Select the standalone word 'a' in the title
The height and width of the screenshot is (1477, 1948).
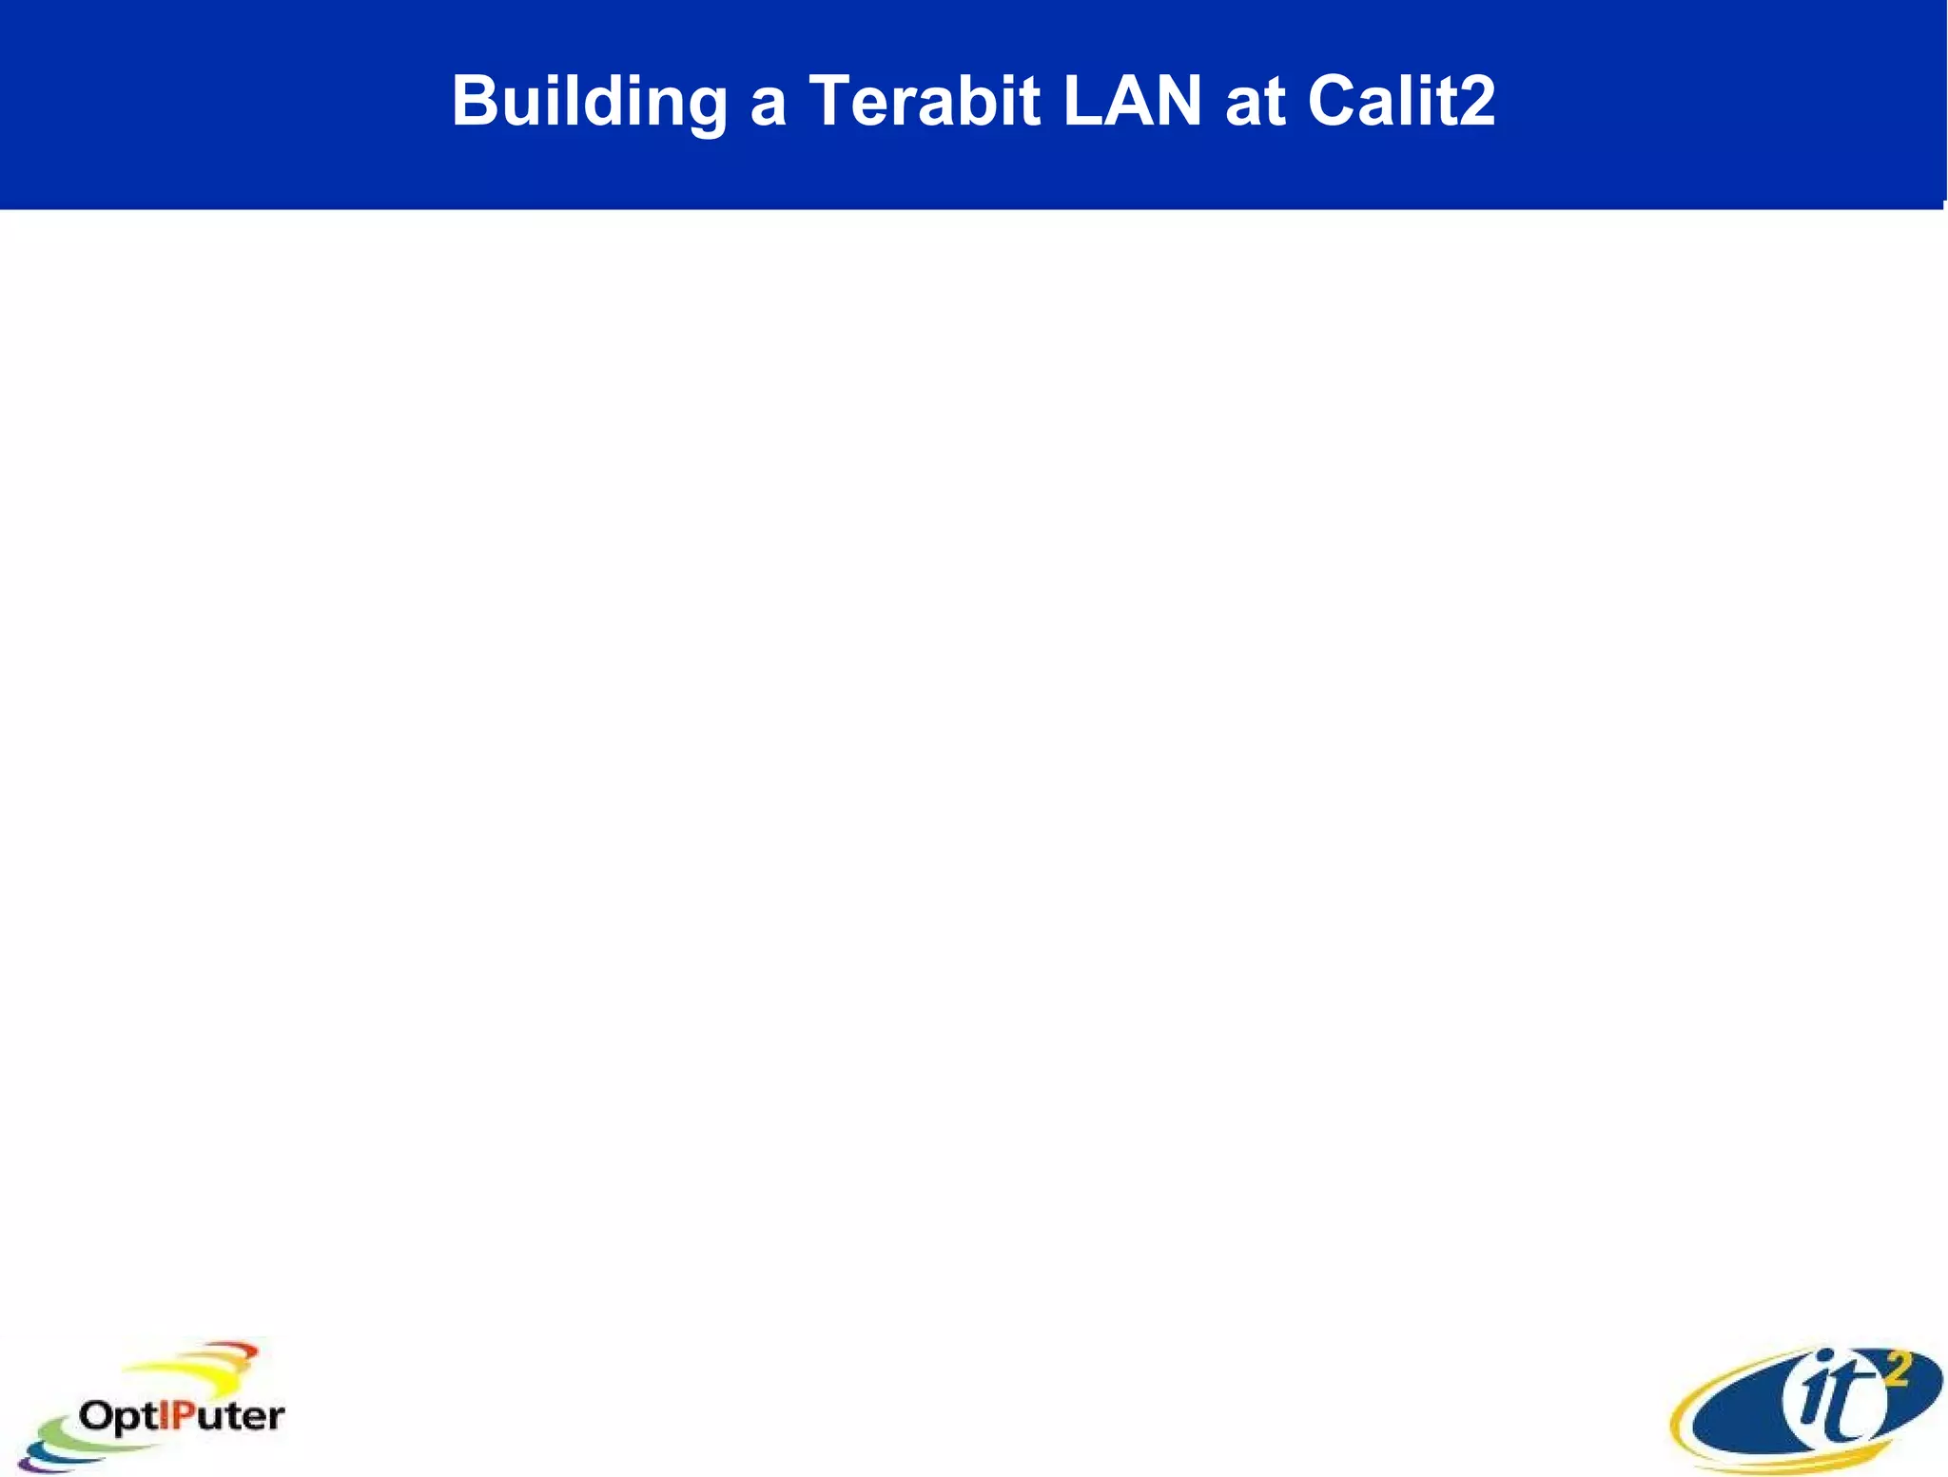pos(768,105)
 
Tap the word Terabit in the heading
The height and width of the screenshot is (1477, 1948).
pos(925,102)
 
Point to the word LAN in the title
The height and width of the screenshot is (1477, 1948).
pos(1132,102)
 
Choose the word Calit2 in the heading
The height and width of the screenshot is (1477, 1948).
pos(1401,102)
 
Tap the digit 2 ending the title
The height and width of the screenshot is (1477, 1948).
pos(1475,102)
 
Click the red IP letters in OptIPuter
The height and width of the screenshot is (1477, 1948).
pos(176,1416)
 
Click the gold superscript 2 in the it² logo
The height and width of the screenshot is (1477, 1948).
pos(1895,1370)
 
